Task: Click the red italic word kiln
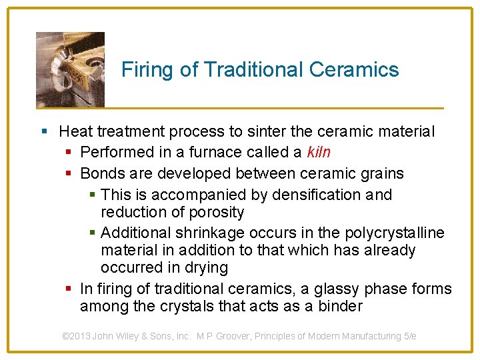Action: tap(319, 153)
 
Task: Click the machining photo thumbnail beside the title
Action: tap(70, 69)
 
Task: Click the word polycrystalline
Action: tap(395, 233)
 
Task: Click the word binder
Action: tap(340, 307)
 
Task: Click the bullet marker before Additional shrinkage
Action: tap(93, 233)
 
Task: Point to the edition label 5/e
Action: tap(410, 337)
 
